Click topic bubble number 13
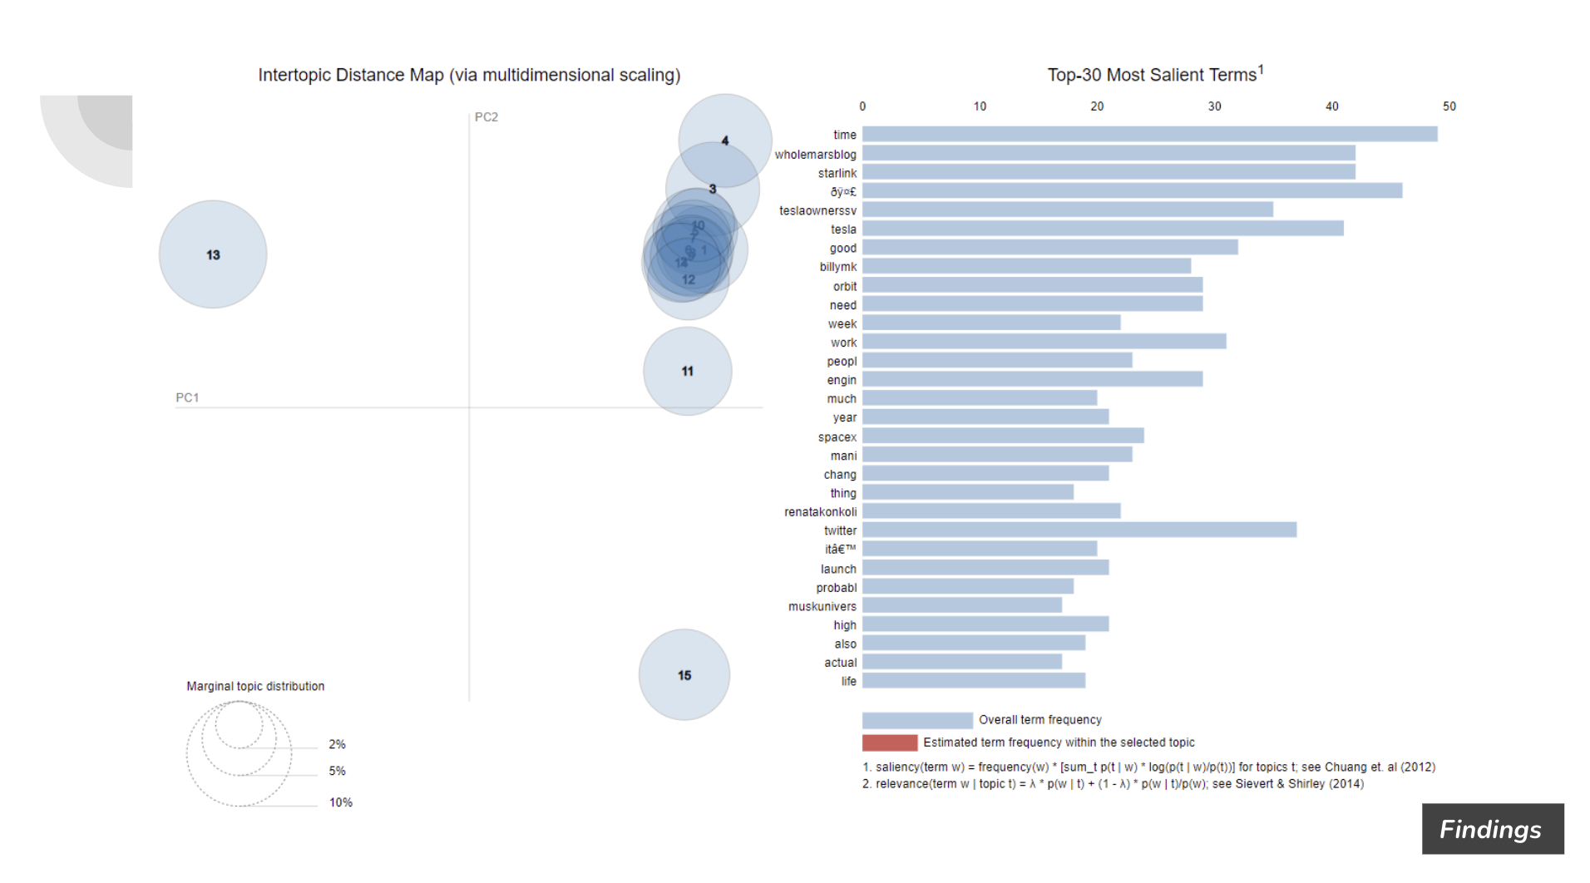point(213,254)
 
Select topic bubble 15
point(684,674)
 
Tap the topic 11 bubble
point(687,371)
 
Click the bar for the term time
point(1149,134)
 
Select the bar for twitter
point(1079,530)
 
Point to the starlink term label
point(837,173)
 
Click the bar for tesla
point(1103,229)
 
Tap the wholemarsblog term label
point(815,155)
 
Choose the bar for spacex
point(1003,436)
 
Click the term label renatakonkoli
point(820,511)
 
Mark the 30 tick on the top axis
point(1214,106)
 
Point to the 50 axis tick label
point(1449,106)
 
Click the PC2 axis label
point(486,117)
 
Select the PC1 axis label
point(187,397)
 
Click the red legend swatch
point(889,742)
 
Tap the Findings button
point(1492,829)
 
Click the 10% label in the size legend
point(340,802)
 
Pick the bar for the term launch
point(985,568)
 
